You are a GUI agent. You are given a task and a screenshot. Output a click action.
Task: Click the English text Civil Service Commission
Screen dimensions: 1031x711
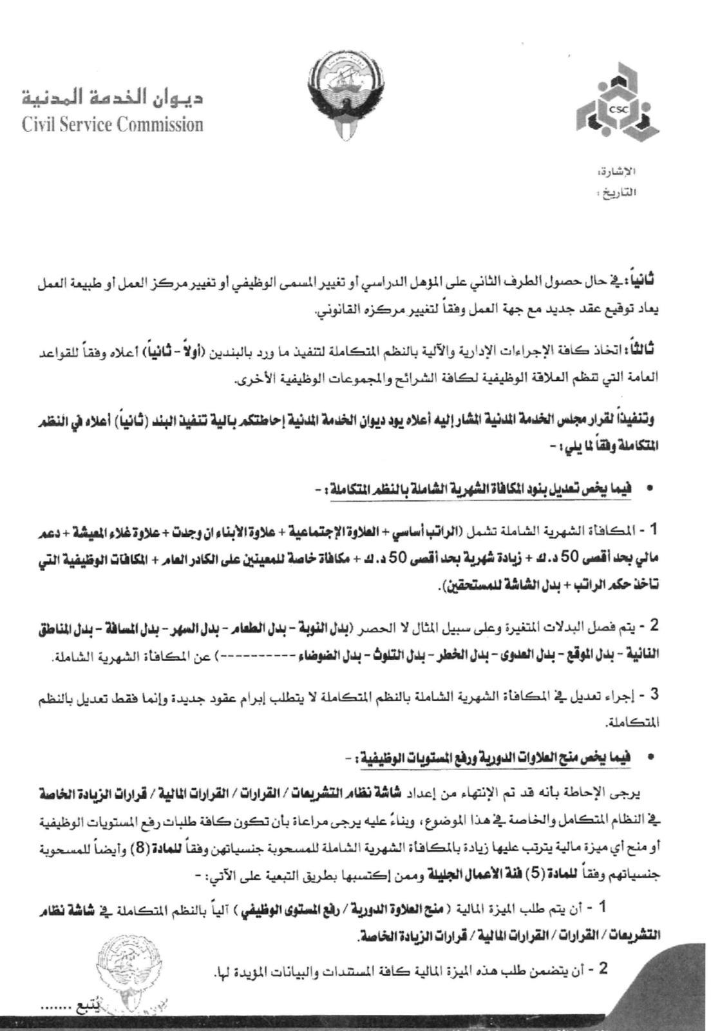113,124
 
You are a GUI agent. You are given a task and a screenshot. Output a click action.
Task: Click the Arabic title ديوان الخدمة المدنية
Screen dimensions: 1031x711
113,97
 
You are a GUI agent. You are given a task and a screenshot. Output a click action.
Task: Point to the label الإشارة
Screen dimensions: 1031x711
616,171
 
